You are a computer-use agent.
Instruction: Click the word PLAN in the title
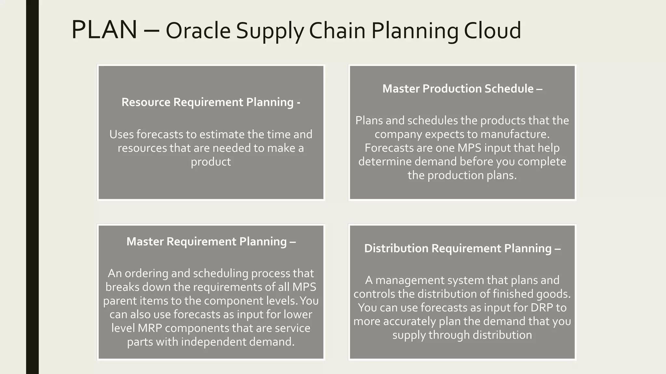pos(104,30)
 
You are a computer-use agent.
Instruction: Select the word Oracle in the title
pos(198,31)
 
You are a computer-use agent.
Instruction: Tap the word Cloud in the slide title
pos(492,31)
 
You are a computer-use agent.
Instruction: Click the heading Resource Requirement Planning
pos(211,102)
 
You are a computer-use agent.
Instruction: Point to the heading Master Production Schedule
pos(462,89)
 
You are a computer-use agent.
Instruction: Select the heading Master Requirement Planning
pos(211,242)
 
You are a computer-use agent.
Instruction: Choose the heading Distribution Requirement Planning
pos(462,248)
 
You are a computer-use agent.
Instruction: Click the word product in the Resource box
pos(211,162)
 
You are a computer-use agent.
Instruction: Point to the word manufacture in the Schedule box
pos(514,134)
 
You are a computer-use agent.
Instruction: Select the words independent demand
pos(237,342)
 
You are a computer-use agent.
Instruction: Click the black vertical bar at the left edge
pos(32,187)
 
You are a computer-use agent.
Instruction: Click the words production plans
pos(472,175)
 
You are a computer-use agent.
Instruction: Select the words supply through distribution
pos(462,335)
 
